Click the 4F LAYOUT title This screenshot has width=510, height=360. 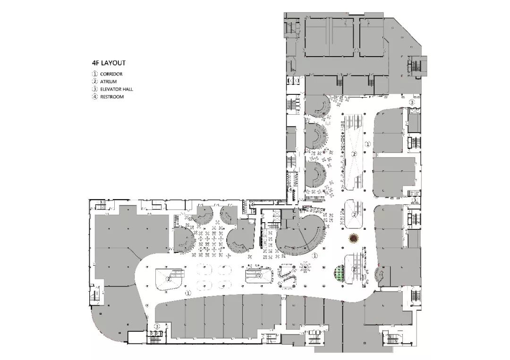tap(109, 62)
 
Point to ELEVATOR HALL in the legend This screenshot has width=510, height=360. tap(116, 89)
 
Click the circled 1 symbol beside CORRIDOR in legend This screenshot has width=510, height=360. tap(94, 74)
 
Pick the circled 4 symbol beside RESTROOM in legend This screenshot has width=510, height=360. tap(94, 97)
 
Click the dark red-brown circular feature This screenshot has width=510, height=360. tap(354, 238)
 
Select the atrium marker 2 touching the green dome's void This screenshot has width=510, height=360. tap(355, 269)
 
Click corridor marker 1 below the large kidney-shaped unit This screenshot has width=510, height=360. tap(314, 255)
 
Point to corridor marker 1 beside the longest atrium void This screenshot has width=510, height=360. tap(369, 143)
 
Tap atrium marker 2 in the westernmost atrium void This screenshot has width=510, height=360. tap(169, 279)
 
